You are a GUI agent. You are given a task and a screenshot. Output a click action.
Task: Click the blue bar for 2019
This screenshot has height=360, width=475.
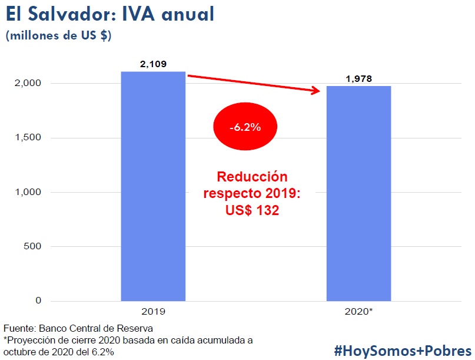(x=153, y=186)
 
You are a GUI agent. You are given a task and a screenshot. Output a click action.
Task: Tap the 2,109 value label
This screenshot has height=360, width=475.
(x=154, y=64)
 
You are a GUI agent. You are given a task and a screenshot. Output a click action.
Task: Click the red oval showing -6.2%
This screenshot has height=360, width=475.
(x=244, y=127)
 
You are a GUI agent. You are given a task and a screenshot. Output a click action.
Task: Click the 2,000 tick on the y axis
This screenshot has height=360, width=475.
(x=28, y=84)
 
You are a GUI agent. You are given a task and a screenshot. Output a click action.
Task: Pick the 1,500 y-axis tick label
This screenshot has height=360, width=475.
(x=28, y=138)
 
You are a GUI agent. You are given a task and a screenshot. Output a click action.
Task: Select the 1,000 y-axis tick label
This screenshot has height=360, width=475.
(x=28, y=192)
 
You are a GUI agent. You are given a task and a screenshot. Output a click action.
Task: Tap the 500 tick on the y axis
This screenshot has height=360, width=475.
(x=32, y=246)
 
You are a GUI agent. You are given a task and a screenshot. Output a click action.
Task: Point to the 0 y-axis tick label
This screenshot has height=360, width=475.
(x=38, y=300)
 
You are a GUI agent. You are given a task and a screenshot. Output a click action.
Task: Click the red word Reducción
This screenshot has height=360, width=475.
(x=252, y=177)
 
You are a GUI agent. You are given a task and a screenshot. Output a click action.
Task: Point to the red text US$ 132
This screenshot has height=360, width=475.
(x=252, y=210)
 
